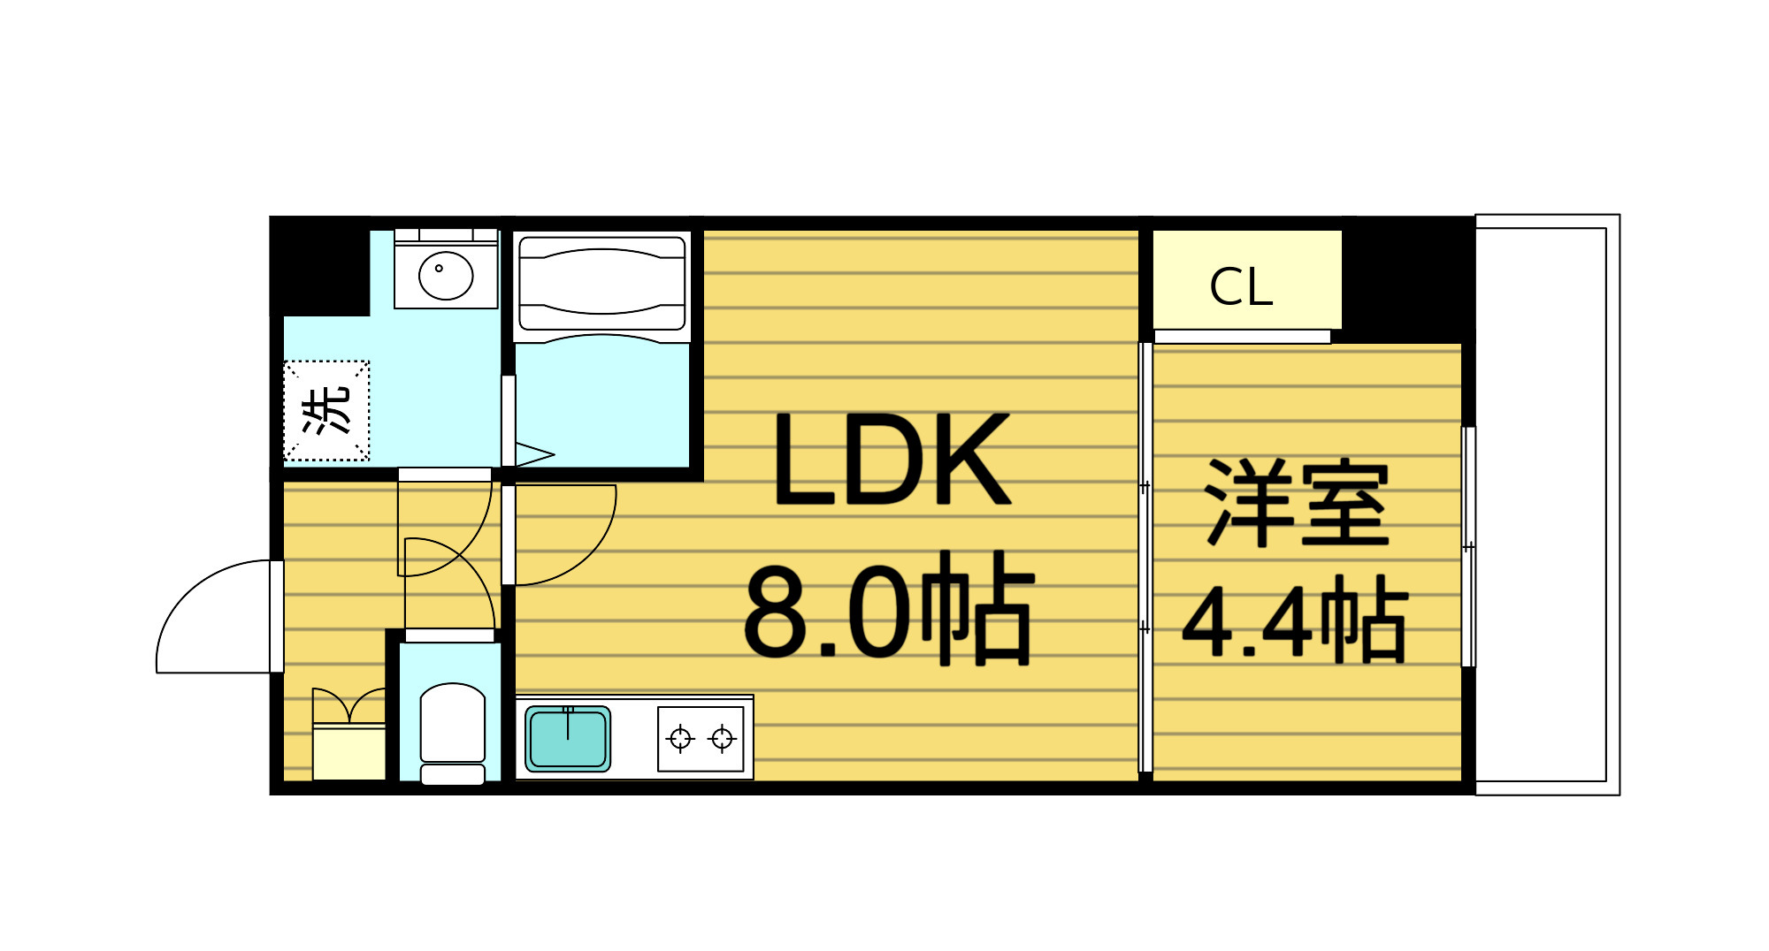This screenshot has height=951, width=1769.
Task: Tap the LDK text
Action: [891, 460]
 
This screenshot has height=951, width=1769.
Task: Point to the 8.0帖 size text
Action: [888, 609]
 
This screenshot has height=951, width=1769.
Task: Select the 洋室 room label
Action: [1298, 503]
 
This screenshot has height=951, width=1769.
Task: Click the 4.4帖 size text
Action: [1294, 620]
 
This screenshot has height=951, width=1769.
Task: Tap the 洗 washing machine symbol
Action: [326, 410]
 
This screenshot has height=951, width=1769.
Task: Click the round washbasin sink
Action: [446, 275]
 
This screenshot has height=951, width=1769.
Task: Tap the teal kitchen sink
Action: [568, 739]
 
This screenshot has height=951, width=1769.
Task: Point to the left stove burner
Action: [680, 738]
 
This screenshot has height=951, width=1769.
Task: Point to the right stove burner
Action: [723, 738]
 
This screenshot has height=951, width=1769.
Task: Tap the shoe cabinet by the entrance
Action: [349, 751]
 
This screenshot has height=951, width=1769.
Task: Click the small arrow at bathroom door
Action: [534, 455]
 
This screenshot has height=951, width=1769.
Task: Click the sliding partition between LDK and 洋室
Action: [1145, 557]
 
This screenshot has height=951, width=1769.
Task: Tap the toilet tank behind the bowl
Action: [452, 774]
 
